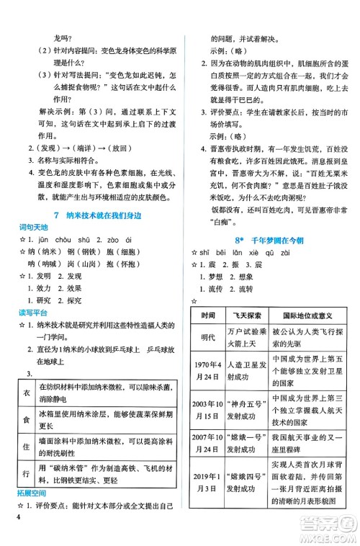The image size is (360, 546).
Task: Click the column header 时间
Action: [x=208, y=316]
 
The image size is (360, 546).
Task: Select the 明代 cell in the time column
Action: [x=208, y=338]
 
